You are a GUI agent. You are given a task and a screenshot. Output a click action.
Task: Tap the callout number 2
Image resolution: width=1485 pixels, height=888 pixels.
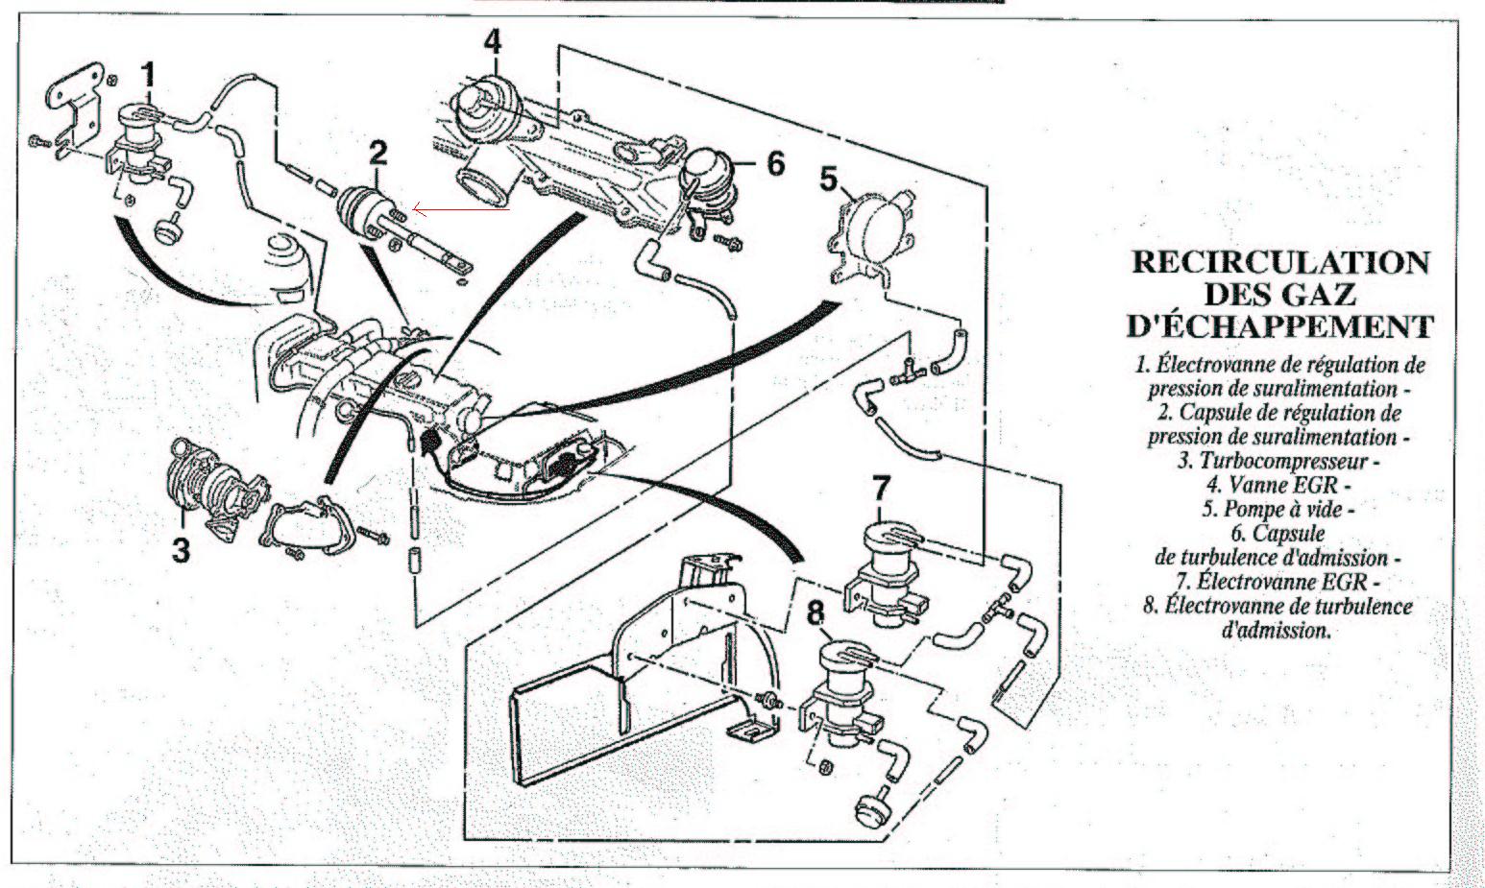(x=379, y=151)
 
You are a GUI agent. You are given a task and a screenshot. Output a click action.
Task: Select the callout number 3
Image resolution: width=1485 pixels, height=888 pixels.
(x=180, y=549)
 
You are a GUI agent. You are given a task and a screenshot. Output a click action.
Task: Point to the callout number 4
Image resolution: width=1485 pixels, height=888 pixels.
(x=492, y=41)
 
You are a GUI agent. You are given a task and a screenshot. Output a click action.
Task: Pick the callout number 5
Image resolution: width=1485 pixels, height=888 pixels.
(x=829, y=179)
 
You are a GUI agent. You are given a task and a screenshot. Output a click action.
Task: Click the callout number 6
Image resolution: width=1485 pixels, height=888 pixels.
(x=775, y=163)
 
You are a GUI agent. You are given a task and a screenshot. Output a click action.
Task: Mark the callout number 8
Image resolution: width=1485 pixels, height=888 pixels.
(x=816, y=611)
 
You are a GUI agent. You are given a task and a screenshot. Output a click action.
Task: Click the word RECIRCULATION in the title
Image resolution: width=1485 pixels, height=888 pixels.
(x=1280, y=263)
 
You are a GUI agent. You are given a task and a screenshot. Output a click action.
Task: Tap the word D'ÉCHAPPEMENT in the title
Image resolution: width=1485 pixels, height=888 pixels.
(x=1279, y=325)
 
